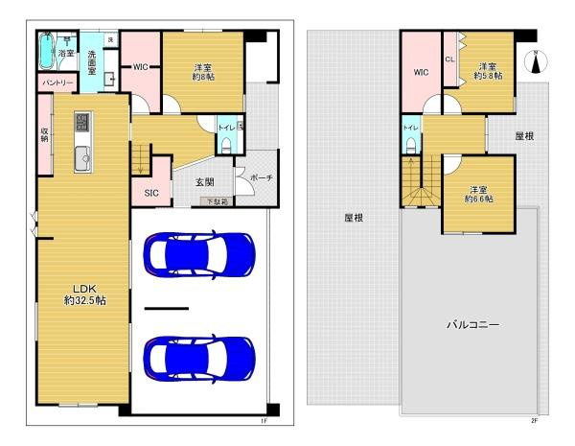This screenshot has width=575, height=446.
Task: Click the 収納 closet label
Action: coord(44,135)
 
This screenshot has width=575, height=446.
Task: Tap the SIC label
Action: coord(150,193)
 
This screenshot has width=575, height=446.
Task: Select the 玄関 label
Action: coord(205,181)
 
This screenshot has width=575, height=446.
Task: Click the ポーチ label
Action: coord(260,178)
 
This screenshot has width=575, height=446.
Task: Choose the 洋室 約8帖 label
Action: coord(202,72)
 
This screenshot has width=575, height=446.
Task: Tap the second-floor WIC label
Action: coord(421,72)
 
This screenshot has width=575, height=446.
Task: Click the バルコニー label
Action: coord(473,325)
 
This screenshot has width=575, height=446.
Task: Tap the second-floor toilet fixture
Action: coord(409,145)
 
